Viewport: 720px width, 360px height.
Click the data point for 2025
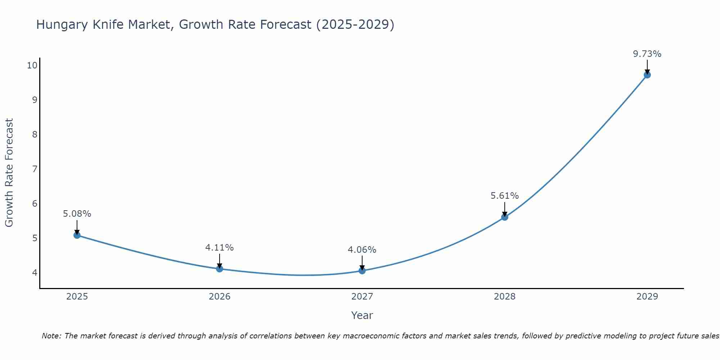coord(77,235)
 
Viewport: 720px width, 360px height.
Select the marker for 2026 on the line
coord(220,269)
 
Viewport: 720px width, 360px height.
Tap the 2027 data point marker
coord(362,270)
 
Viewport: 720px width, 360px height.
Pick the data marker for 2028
coord(505,217)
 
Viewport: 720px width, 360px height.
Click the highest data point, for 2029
coord(647,75)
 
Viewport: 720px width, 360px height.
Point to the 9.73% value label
coord(647,54)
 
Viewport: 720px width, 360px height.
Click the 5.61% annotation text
coord(504,196)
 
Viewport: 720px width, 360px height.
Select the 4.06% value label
coord(362,249)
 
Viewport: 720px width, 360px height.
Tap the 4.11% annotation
coord(219,248)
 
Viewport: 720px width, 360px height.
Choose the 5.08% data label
coord(77,214)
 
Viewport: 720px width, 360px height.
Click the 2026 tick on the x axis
coord(220,297)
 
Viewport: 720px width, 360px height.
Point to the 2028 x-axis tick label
coord(505,297)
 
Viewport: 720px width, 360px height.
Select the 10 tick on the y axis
coord(32,65)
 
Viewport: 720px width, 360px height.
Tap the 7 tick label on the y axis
coord(35,169)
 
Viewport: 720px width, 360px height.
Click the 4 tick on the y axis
coord(35,273)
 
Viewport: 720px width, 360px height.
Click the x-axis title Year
coord(362,315)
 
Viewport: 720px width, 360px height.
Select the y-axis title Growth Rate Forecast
coord(9,172)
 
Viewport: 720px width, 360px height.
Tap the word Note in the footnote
coord(51,336)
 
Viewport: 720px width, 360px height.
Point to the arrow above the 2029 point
coord(647,66)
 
